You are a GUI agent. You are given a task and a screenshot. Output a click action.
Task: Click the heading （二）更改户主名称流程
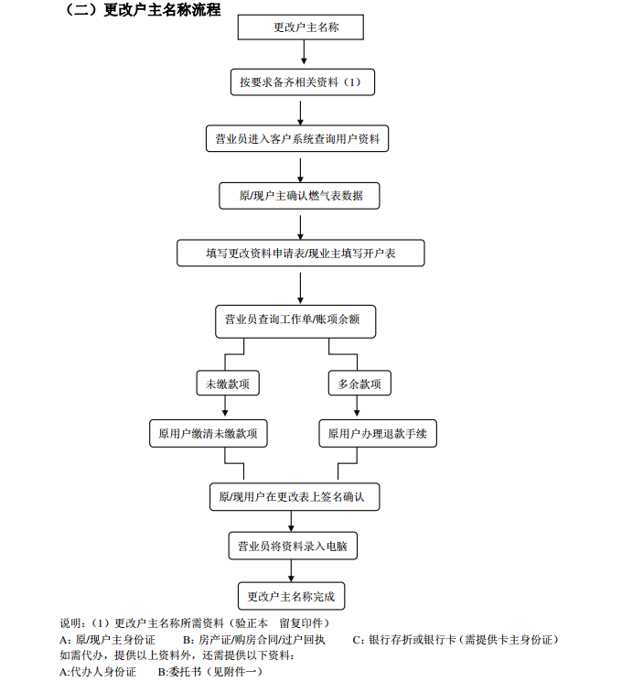143,11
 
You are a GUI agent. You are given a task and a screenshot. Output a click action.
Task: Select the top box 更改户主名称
302,27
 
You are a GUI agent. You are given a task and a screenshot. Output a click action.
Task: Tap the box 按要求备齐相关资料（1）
302,82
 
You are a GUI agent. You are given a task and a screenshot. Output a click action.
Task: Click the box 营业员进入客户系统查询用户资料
298,139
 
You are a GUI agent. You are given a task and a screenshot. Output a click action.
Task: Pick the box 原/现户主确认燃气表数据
300,196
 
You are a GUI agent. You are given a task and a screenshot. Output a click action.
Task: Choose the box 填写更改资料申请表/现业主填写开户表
301,253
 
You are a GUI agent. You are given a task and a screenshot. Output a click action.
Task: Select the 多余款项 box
359,383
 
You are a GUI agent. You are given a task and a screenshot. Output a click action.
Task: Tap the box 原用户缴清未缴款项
209,434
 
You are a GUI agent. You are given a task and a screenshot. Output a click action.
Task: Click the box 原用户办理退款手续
377,434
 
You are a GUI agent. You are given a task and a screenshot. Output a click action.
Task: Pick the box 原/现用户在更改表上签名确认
294,496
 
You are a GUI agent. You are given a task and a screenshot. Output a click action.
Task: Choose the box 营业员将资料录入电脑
293,547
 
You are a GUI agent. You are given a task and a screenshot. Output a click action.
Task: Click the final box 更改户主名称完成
292,597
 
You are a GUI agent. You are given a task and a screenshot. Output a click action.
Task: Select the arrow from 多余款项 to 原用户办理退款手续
359,408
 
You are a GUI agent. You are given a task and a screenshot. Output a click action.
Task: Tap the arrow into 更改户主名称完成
292,571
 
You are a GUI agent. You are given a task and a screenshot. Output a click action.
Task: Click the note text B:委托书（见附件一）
195,672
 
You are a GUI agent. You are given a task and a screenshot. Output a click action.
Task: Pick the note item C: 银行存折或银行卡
456,639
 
